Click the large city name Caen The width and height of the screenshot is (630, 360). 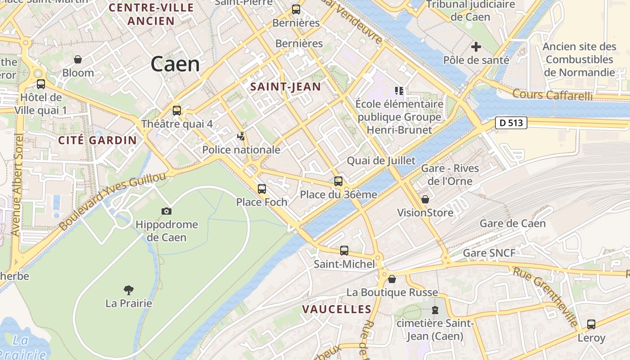tap(175, 64)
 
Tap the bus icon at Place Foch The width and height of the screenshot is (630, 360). tap(262, 189)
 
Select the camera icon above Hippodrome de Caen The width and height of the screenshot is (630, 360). tap(166, 211)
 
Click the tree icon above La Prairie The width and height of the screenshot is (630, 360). tap(129, 290)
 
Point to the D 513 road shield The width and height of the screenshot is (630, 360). tap(511, 122)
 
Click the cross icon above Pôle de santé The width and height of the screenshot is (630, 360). tap(476, 46)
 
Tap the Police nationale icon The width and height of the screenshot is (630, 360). tap(242, 136)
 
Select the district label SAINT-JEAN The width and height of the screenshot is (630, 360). tap(286, 87)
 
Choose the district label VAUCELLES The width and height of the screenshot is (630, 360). tap(337, 309)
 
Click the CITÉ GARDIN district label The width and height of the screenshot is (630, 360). tap(98, 140)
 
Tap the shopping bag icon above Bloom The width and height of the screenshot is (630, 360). tap(78, 59)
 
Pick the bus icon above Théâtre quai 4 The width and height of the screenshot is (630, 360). tap(177, 110)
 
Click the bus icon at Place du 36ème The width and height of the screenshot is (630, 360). tap(338, 181)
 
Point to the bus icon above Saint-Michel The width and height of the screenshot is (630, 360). tap(344, 251)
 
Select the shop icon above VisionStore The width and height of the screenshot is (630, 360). tap(425, 199)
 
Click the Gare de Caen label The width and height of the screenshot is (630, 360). tap(513, 224)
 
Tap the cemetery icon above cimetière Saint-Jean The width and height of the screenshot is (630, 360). tap(435, 310)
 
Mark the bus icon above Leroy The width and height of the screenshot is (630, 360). tap(591, 324)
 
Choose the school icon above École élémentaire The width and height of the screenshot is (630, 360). tap(399, 91)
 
